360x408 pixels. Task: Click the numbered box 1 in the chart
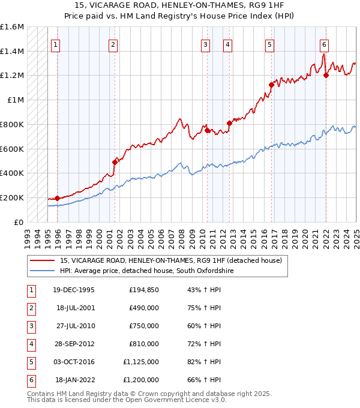click(x=55, y=44)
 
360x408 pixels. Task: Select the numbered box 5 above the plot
click(x=269, y=44)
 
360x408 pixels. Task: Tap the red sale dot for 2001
click(x=115, y=162)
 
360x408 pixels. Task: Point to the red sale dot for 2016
click(x=271, y=85)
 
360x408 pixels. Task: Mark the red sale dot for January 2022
click(x=326, y=76)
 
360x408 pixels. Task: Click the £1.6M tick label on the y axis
click(x=12, y=27)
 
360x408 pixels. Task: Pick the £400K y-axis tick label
click(x=12, y=173)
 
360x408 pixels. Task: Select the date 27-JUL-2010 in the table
click(x=74, y=326)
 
